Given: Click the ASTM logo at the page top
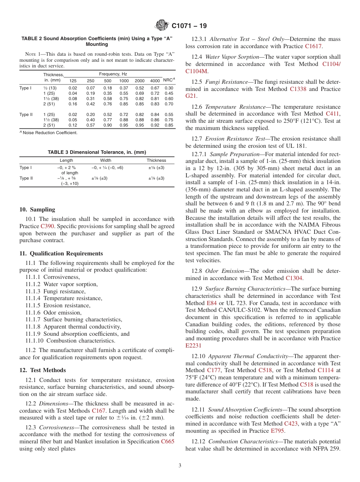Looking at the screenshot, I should click(x=162, y=26).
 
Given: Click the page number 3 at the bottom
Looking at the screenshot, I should click(x=180, y=466).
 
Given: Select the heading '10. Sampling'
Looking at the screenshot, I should click(x=37, y=210).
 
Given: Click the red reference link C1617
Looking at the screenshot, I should click(x=313, y=46).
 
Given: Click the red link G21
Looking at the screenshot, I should click(x=191, y=96).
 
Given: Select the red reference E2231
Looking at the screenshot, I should click(x=194, y=346).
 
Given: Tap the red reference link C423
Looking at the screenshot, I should click(x=291, y=423).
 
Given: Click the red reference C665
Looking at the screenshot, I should click(x=168, y=441).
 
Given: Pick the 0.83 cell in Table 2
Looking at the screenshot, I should click(x=155, y=104).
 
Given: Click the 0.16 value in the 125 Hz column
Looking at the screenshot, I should click(x=73, y=104).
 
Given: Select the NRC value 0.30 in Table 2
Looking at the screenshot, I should click(x=169, y=88).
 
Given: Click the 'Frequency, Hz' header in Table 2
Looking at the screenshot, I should click(x=113, y=74).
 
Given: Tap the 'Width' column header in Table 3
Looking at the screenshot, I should click(x=106, y=160).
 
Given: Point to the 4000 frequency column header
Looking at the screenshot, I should click(x=155, y=81).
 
